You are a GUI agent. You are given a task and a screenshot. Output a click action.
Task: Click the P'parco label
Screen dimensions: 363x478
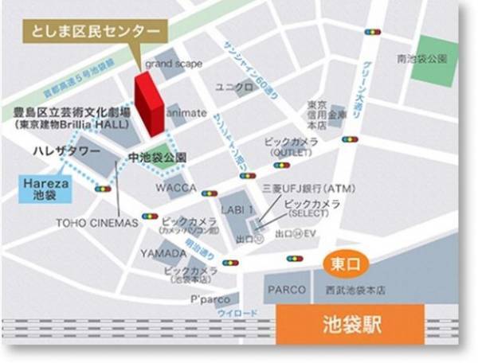(206, 301)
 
